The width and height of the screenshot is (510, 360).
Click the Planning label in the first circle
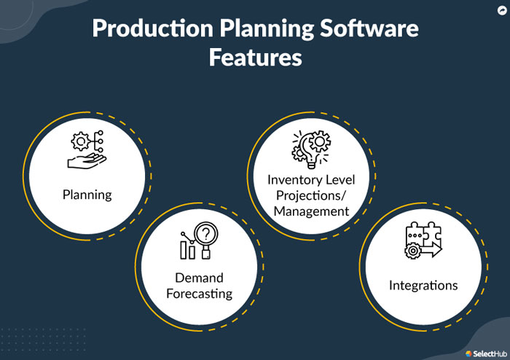pos(87,195)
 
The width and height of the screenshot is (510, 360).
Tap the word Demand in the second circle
pos(199,278)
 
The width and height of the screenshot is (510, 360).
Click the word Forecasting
pos(199,294)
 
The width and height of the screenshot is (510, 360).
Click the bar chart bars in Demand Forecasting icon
pos(188,249)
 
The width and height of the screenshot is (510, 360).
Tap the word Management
pos(308,211)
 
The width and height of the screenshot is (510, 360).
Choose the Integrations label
pos(423,284)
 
